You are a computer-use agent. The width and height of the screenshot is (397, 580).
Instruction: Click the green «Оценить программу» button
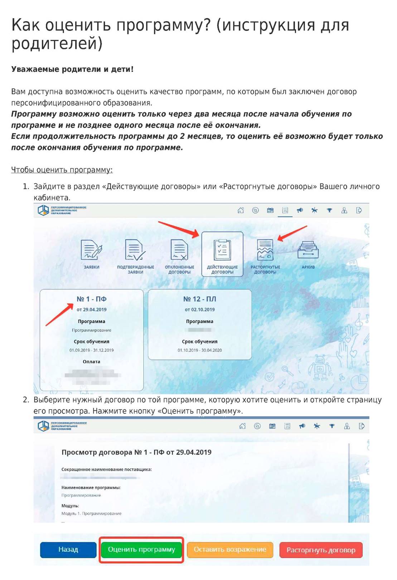click(x=141, y=550)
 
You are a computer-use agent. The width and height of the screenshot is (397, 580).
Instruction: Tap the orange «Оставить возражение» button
click(x=230, y=550)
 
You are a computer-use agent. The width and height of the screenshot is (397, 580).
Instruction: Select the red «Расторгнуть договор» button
click(x=321, y=550)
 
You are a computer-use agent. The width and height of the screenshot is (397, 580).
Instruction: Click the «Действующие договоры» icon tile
click(x=222, y=254)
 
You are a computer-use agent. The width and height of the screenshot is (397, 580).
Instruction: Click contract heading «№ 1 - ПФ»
click(x=92, y=299)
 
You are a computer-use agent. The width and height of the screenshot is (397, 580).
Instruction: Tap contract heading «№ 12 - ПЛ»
click(x=200, y=299)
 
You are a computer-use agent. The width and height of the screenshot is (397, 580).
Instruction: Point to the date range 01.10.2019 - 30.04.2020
click(x=200, y=350)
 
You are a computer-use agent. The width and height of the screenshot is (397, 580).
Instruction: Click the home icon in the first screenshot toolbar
click(x=241, y=210)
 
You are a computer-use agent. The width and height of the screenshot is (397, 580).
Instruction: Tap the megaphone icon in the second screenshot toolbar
click(x=302, y=426)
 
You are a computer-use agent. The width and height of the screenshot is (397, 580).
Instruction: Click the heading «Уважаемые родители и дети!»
click(x=72, y=69)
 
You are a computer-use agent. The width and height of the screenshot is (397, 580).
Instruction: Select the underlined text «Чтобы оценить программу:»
click(x=62, y=170)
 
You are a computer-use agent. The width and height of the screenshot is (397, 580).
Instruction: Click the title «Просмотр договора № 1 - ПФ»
click(x=136, y=452)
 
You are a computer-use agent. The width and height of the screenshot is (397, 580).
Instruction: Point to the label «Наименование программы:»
click(x=91, y=487)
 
